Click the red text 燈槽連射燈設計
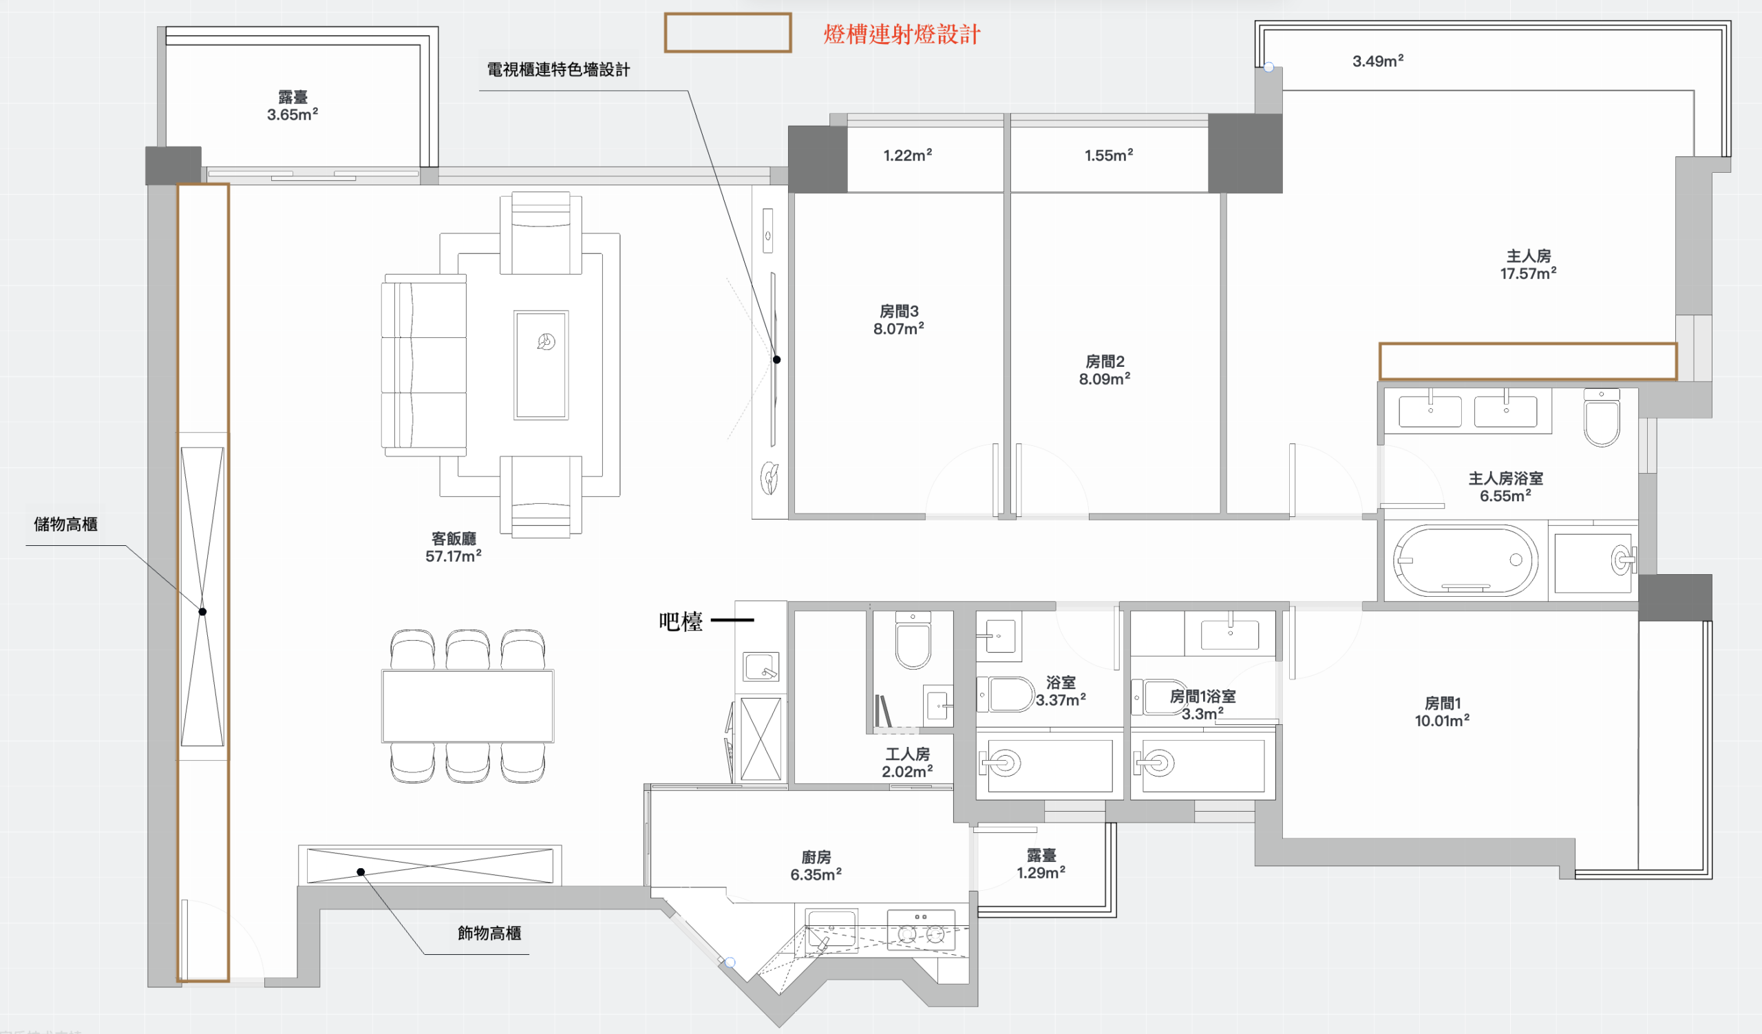click(902, 34)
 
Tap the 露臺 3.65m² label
click(293, 105)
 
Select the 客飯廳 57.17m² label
click(453, 547)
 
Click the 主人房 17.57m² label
click(1528, 265)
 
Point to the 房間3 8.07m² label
click(898, 319)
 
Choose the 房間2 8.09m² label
click(1104, 370)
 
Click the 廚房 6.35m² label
click(816, 865)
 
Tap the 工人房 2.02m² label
click(907, 763)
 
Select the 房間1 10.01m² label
click(1442, 712)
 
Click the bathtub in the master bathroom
click(1465, 560)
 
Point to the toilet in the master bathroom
click(1601, 417)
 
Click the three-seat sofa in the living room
click(424, 365)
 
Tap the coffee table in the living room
click(540, 365)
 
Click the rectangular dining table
click(468, 706)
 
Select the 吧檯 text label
click(680, 621)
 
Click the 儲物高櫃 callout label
click(65, 525)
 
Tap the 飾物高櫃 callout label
click(489, 933)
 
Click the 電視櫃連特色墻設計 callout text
click(558, 70)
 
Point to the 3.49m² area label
click(1377, 61)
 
